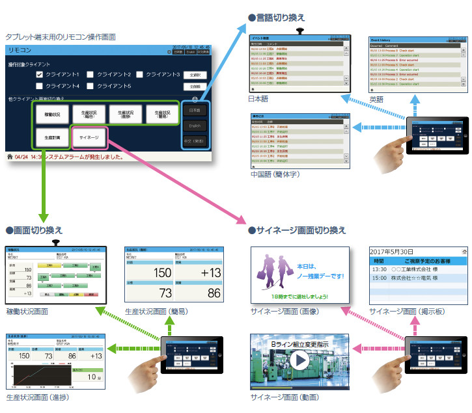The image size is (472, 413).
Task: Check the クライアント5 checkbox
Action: pyautogui.click(x=91, y=86)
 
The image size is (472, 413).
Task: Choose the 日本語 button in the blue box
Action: pyautogui.click(x=195, y=110)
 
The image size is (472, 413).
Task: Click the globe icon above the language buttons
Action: pyautogui.click(x=195, y=100)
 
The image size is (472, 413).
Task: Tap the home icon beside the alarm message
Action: pyautogui.click(x=8, y=157)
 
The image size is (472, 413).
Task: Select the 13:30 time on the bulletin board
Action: pyautogui.click(x=379, y=269)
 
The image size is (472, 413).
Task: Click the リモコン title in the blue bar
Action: pyautogui.click(x=20, y=49)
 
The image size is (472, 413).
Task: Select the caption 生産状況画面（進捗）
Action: pyautogui.click(x=37, y=396)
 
